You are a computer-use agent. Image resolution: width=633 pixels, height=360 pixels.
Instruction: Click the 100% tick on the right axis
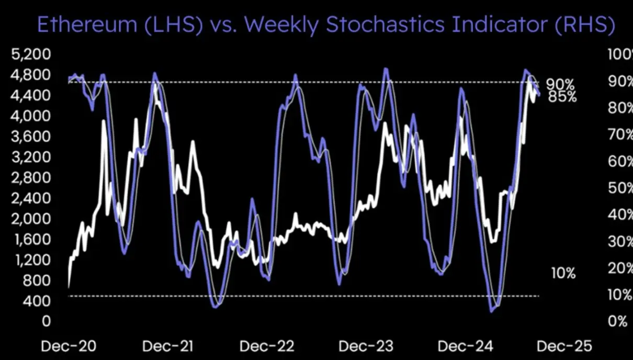[x=619, y=54]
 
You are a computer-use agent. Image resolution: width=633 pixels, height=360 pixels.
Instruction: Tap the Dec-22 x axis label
[x=267, y=346]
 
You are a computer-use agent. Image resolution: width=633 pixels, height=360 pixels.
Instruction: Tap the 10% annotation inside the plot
[x=563, y=273]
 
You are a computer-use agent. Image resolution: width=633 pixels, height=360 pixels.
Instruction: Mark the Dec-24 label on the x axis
[x=465, y=346]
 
